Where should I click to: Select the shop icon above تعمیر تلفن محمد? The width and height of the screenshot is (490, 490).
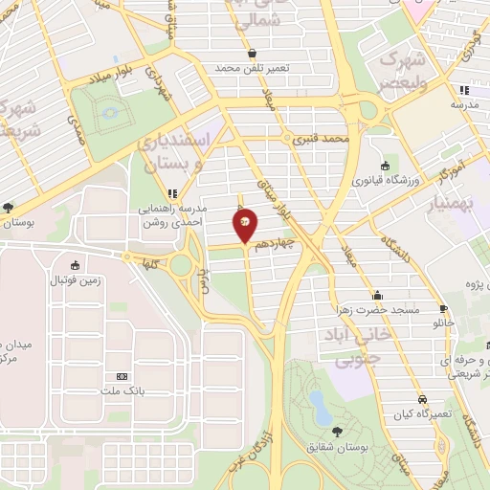point(252,54)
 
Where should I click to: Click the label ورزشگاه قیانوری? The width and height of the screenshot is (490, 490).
point(385,179)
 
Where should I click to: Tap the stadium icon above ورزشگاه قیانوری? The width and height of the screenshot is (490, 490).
point(385,164)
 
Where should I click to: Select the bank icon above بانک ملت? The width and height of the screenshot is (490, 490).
point(122,376)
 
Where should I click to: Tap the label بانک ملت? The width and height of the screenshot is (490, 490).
point(122,391)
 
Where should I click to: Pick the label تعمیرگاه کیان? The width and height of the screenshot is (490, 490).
point(420,414)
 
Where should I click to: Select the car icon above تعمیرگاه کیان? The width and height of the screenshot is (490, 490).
point(421,399)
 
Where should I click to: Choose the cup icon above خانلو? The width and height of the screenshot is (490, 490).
point(443,308)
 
